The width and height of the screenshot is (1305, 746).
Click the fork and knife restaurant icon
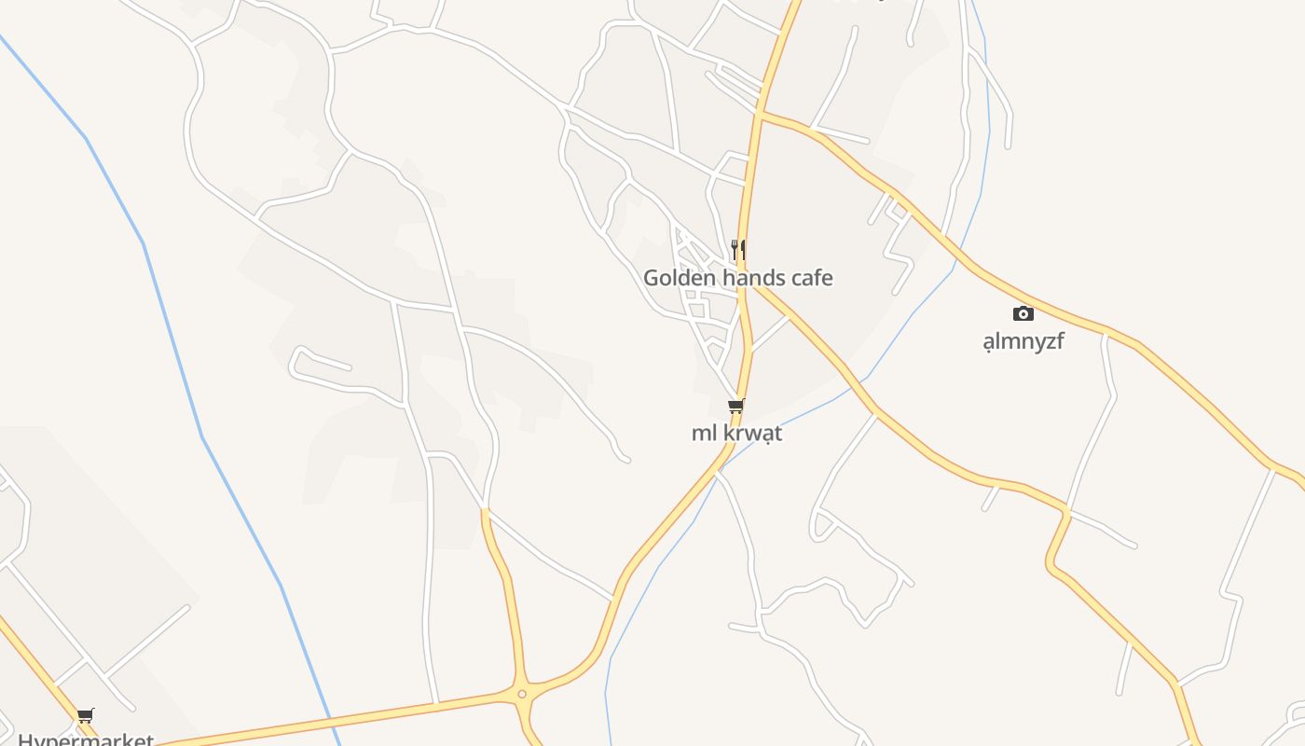click(737, 249)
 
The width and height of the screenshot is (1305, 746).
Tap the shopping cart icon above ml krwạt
click(736, 406)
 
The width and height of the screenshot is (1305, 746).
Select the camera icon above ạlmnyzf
click(1023, 313)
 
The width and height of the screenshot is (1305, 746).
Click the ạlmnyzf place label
click(1023, 341)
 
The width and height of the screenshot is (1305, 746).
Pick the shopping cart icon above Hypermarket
click(86, 715)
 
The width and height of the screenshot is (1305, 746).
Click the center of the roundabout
click(522, 693)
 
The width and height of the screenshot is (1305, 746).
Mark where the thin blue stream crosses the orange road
click(867, 378)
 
